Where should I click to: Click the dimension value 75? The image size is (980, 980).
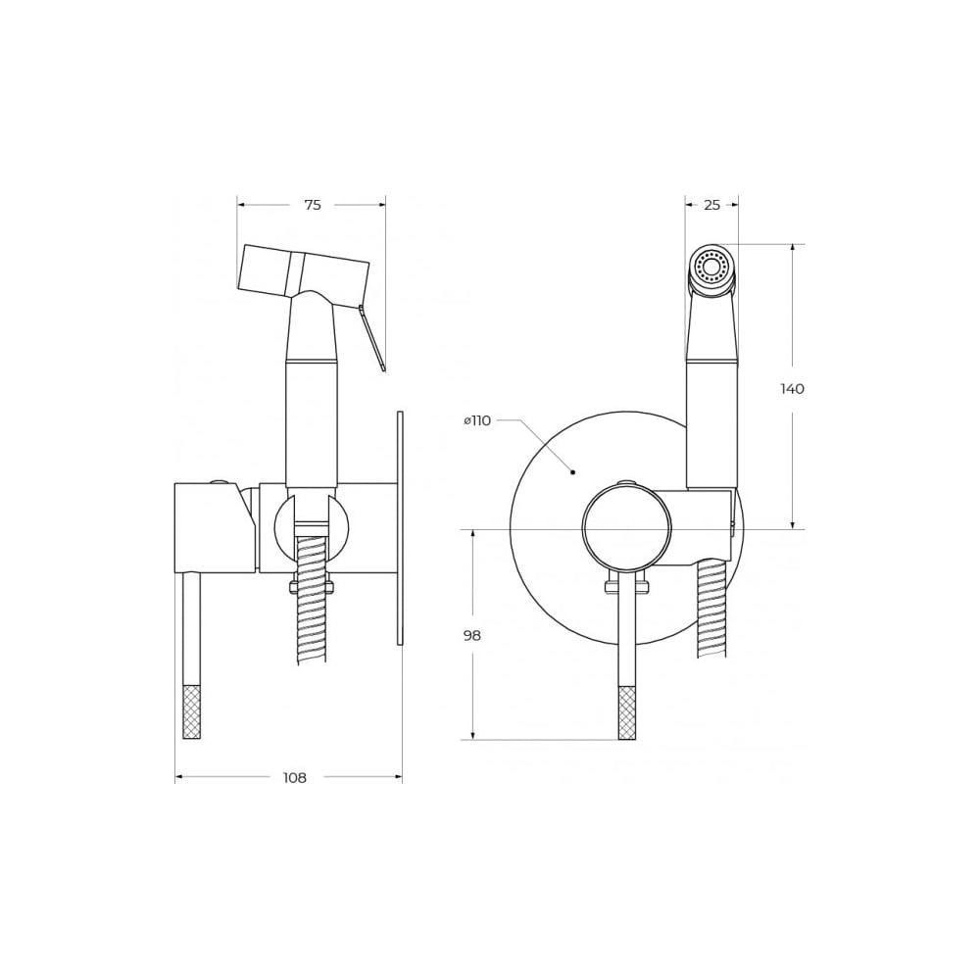tap(313, 205)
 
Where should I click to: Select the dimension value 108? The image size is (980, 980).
tap(295, 777)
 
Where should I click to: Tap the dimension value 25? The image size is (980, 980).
tap(711, 205)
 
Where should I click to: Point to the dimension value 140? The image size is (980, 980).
tap(793, 389)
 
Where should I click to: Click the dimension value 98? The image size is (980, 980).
tap(472, 636)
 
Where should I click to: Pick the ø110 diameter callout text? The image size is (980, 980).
tap(477, 420)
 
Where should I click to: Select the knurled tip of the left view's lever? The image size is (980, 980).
tap(192, 711)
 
